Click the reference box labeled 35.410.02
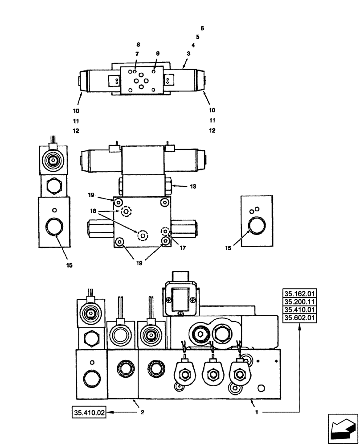[x=88, y=413]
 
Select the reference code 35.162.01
[x=299, y=293]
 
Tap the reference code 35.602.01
[x=299, y=318]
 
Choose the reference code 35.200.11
[x=299, y=301]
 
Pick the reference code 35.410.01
[x=299, y=310]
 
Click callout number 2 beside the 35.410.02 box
[x=142, y=413]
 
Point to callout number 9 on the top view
[x=157, y=54]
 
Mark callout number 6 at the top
[x=202, y=28]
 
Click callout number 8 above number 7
[x=138, y=45]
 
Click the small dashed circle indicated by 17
[x=166, y=232]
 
